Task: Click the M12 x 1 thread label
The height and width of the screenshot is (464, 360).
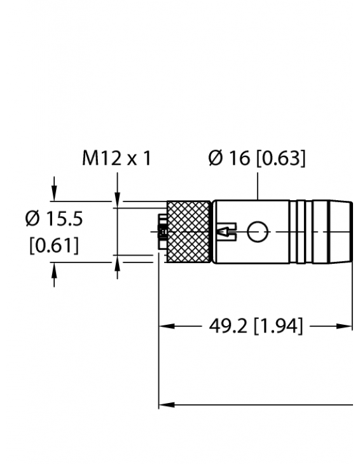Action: click(x=117, y=158)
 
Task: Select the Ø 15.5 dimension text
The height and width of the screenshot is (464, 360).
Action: click(x=54, y=219)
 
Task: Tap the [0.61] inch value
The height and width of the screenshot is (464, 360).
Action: click(x=54, y=245)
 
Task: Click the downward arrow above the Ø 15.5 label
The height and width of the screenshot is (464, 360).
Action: click(x=55, y=193)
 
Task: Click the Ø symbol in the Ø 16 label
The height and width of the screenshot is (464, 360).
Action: click(x=216, y=158)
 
